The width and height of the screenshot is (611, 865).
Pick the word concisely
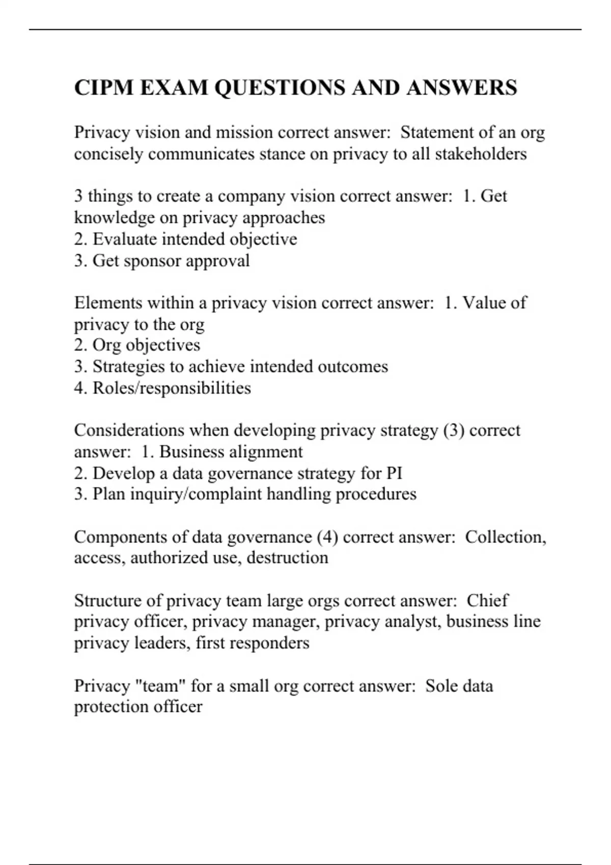click(108, 154)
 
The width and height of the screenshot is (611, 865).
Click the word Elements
click(108, 303)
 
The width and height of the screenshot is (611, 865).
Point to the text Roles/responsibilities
click(172, 388)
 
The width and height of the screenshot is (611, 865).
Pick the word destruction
click(287, 558)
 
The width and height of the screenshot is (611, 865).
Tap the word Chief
click(487, 600)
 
